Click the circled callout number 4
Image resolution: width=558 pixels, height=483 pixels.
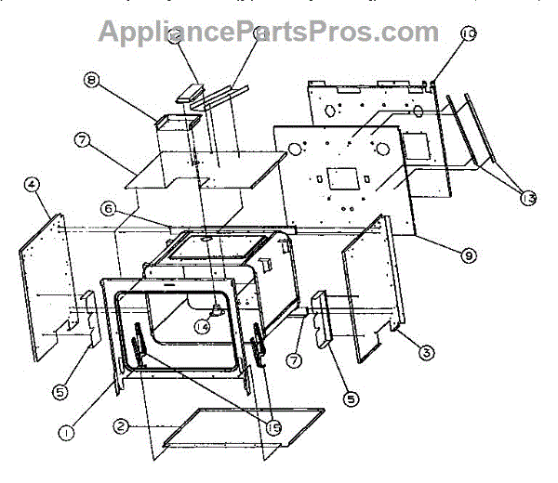tap(33, 184)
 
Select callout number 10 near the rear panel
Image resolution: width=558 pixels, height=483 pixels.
tap(469, 33)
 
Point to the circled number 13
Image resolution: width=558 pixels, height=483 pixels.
tap(528, 197)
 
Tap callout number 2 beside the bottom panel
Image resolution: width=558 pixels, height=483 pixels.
tap(121, 426)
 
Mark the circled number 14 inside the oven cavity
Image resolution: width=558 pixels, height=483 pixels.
tap(201, 326)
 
